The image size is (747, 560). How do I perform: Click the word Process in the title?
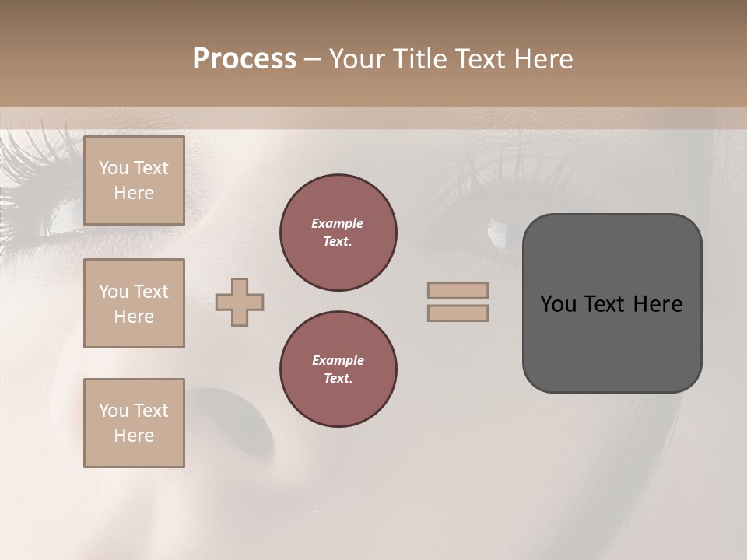click(244, 59)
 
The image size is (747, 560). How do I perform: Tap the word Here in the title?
click(543, 59)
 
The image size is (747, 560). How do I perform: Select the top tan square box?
click(134, 180)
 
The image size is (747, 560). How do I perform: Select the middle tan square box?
click(134, 303)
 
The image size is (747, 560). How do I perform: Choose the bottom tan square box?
click(134, 423)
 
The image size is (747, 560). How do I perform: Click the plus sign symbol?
click(240, 302)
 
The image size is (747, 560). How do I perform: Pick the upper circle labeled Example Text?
click(338, 233)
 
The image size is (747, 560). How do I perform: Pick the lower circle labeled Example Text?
click(338, 369)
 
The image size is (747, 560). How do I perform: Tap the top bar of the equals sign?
click(458, 291)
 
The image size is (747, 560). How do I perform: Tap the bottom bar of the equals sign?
click(458, 313)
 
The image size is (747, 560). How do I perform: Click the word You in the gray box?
click(557, 304)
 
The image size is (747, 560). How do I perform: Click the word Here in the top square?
click(134, 193)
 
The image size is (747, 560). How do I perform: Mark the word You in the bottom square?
click(114, 411)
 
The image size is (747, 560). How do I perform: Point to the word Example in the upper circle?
click(337, 223)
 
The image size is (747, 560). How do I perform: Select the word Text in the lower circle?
click(338, 379)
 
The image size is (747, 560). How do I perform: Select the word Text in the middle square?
click(151, 292)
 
